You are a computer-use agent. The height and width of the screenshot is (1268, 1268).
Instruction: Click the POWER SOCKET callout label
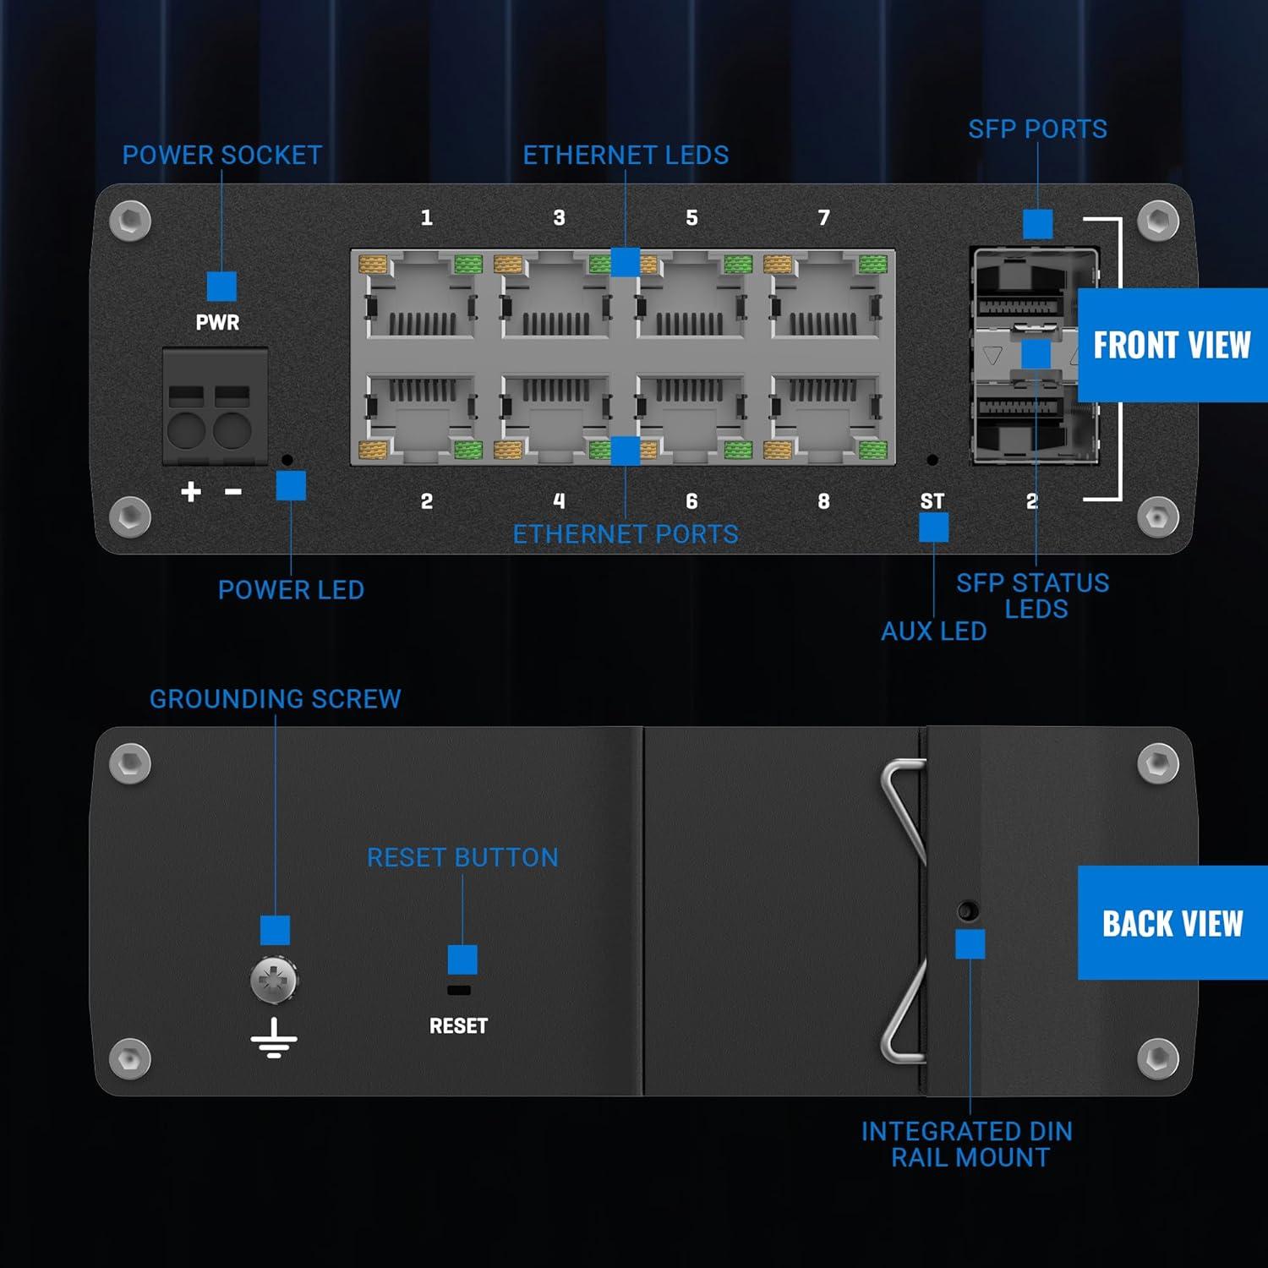(222, 156)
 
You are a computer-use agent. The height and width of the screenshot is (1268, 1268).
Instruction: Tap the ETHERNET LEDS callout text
(626, 156)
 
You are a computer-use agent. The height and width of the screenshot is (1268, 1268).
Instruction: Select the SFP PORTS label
(1037, 129)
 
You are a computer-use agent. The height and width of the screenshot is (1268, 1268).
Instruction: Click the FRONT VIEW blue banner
(1172, 345)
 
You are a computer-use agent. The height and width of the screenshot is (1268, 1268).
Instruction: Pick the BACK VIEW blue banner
(1172, 923)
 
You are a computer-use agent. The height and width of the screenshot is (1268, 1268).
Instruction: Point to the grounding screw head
(274, 981)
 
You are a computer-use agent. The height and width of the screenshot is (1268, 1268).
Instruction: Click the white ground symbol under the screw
(274, 1039)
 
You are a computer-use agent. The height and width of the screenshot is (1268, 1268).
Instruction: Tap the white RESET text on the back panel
(458, 1026)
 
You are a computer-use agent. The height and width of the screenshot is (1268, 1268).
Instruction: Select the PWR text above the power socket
(217, 322)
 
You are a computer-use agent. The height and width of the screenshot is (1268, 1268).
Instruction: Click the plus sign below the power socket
(191, 491)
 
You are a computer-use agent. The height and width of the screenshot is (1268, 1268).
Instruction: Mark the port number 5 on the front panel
(691, 218)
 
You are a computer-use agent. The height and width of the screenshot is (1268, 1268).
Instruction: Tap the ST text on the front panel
(932, 501)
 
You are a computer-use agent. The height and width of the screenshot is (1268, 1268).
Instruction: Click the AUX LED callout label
(933, 631)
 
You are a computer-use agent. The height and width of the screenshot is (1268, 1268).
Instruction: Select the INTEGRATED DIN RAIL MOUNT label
(967, 1145)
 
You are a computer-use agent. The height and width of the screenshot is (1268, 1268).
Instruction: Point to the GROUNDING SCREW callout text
(275, 699)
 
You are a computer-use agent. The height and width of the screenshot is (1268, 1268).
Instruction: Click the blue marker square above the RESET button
(462, 959)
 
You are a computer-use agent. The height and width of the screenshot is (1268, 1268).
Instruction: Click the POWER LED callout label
(291, 590)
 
